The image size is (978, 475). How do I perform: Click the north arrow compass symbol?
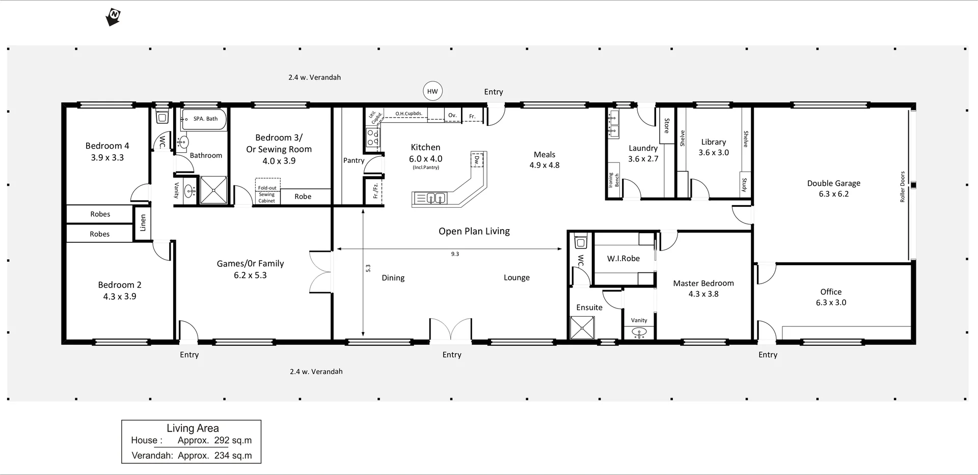coord(113,17)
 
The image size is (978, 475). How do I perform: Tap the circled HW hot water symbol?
coord(432,92)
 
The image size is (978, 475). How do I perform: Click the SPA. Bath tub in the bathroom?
coord(204,120)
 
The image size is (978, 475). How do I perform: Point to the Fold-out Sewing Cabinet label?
coord(267,194)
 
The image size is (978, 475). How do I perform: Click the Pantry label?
coord(354,160)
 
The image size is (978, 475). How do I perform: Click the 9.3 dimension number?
coord(455,254)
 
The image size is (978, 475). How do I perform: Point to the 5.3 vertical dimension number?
coord(368,268)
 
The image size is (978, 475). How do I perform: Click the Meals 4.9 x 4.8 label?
coord(545,159)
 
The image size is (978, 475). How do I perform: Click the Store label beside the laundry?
coord(667,126)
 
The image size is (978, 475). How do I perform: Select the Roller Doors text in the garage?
coord(903,186)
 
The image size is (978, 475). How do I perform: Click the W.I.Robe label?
coord(623,259)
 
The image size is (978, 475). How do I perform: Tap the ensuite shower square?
coord(582,327)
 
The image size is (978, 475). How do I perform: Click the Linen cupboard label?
coord(143,222)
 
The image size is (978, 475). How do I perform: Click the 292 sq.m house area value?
coord(233,440)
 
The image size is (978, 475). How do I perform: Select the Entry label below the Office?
coord(768,355)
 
